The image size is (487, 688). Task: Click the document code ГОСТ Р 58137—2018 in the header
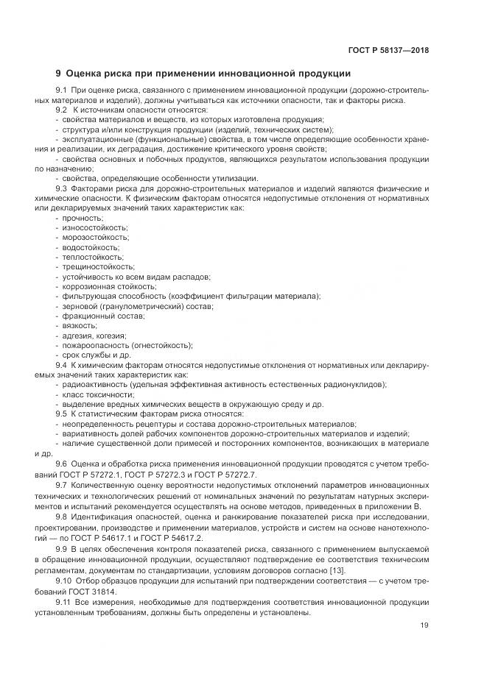pos(388,51)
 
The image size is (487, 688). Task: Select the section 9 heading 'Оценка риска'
pos(203,74)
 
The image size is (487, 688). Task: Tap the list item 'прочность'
pos(83,219)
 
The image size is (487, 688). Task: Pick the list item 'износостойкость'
pos(94,228)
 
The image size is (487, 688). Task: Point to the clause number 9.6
pos(62,463)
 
